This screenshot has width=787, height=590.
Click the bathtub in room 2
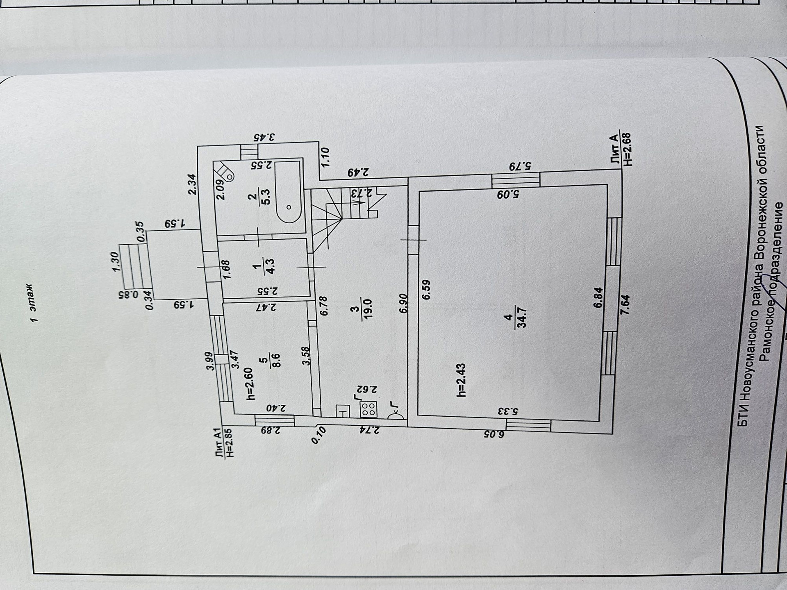pos(289,192)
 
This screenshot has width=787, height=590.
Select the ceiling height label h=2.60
pos(250,384)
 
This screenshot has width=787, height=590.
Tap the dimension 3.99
pos(210,361)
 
